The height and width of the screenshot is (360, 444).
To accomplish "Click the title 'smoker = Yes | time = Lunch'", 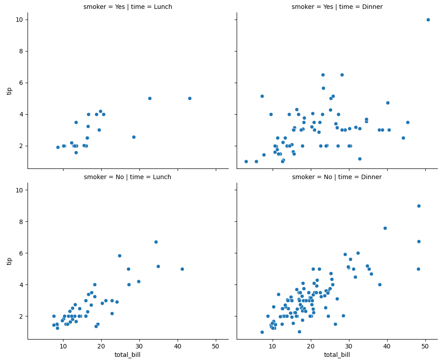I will (x=128, y=7).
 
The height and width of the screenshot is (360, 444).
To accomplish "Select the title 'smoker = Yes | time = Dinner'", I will (x=337, y=7).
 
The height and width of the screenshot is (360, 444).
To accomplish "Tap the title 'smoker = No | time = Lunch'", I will (x=128, y=177).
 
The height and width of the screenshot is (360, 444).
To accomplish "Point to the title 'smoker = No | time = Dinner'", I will (x=337, y=177).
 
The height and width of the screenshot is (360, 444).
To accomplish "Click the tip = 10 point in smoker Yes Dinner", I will (x=428, y=20).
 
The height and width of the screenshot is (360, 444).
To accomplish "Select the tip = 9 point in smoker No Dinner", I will (x=419, y=206).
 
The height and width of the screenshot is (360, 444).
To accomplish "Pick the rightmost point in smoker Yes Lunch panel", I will (x=190, y=98).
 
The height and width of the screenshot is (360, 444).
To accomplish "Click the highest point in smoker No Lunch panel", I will (x=156, y=242).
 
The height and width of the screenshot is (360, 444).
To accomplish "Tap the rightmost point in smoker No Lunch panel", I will (x=182, y=269).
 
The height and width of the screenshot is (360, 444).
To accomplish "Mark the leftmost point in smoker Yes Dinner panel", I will (x=246, y=161).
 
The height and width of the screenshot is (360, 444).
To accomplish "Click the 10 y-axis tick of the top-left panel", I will (x=20, y=20).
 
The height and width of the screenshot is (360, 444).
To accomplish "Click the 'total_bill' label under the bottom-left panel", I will (x=128, y=355).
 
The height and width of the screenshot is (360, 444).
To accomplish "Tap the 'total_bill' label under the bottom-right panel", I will (x=337, y=355).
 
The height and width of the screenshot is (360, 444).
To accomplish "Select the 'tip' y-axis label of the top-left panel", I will (x=9, y=91).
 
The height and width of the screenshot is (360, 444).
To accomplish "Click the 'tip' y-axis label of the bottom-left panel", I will (x=9, y=261).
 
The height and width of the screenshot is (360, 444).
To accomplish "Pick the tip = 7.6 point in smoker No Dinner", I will (x=385, y=228).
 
